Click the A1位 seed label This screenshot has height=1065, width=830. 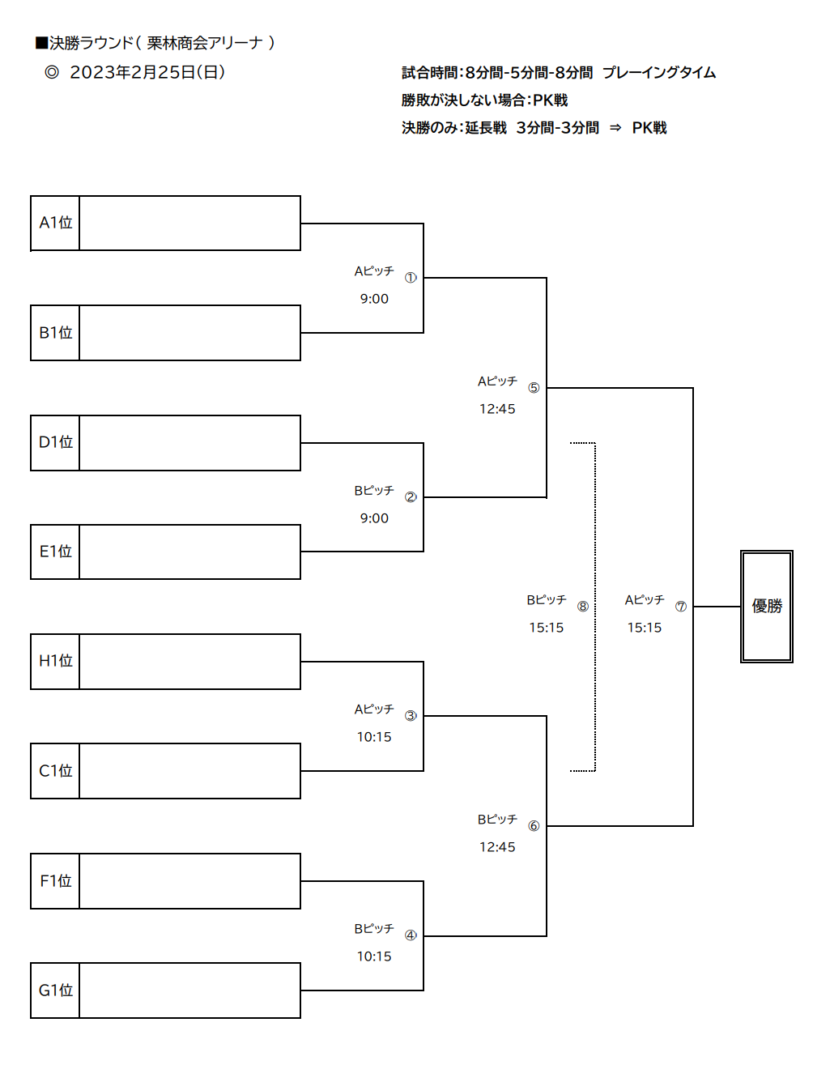(x=56, y=223)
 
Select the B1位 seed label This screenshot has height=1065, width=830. (x=56, y=333)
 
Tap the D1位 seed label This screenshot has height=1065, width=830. (x=56, y=442)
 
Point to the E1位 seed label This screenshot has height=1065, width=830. (x=56, y=552)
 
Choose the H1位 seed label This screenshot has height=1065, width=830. (x=56, y=661)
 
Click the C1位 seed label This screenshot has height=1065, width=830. (x=56, y=771)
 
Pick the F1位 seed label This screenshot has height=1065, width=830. (x=56, y=880)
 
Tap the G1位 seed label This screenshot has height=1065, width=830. (x=56, y=990)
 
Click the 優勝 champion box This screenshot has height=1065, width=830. (x=767, y=607)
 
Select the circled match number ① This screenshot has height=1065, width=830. (x=411, y=278)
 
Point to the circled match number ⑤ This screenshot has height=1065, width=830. (x=534, y=388)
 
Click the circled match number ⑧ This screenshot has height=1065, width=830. (x=582, y=607)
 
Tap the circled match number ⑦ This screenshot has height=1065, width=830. (x=681, y=607)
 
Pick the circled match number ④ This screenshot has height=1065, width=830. (x=411, y=935)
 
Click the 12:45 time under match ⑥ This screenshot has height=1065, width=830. (x=497, y=847)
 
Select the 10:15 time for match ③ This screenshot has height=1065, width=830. (x=374, y=737)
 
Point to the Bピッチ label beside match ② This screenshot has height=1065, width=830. (x=374, y=491)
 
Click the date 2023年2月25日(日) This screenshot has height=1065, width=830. (x=147, y=73)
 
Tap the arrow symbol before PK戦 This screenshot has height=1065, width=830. (x=615, y=128)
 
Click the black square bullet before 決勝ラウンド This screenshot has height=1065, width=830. (x=41, y=43)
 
